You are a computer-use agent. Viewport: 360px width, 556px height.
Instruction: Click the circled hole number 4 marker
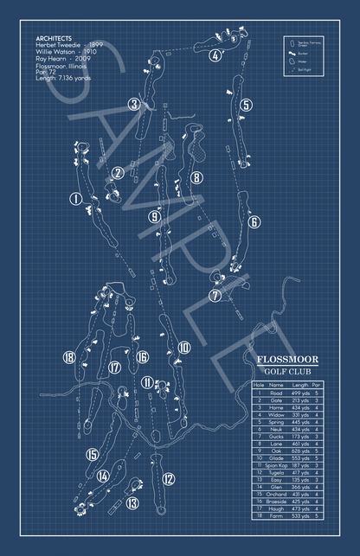213,56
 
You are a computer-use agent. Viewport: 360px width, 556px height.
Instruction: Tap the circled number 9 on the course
153,216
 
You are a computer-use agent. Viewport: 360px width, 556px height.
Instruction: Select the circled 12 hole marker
169,478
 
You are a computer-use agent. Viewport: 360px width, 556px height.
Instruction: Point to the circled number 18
68,357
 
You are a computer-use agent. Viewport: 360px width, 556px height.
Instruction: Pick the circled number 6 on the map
254,222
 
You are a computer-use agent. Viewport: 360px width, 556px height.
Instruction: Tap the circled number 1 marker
76,200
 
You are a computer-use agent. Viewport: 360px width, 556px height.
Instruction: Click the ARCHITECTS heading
55,39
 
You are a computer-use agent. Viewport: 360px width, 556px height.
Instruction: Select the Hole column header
258,385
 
